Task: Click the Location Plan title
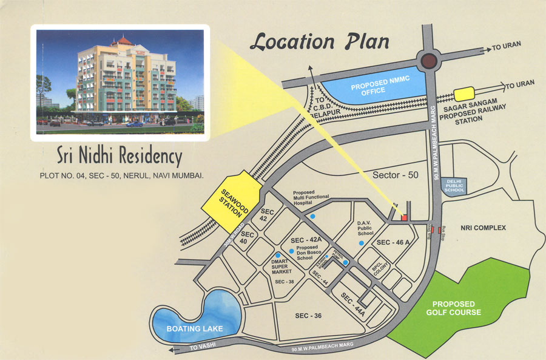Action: tap(319, 42)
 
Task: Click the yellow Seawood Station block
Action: tap(234, 202)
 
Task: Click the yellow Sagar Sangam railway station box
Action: tap(465, 94)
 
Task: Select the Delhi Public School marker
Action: tap(455, 185)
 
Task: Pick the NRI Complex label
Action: tap(483, 228)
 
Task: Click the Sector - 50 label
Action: tap(395, 175)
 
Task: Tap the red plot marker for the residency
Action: tap(404, 217)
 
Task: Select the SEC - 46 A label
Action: tap(394, 242)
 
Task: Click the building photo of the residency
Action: tap(120, 83)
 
